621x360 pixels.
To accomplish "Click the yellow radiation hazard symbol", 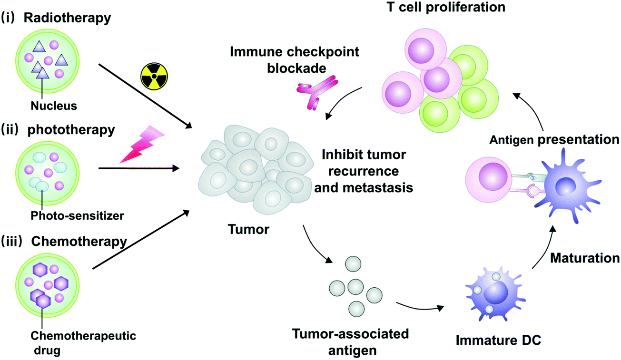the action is pyautogui.click(x=154, y=77).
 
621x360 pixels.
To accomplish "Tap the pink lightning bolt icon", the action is pyautogui.click(x=142, y=144).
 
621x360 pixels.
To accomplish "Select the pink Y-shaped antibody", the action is pyautogui.click(x=317, y=92).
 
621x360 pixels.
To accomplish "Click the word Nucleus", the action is pyautogui.click(x=54, y=106).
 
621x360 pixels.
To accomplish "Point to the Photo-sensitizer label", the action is pyautogui.click(x=78, y=215).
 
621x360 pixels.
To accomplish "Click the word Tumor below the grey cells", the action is pyautogui.click(x=248, y=230).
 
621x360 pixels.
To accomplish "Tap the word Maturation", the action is pyautogui.click(x=585, y=258).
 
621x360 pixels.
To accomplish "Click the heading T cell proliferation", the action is pyautogui.click(x=446, y=7).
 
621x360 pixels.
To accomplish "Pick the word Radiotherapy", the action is pyautogui.click(x=68, y=18).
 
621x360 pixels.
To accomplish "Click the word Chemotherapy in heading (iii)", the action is pyautogui.click(x=79, y=242).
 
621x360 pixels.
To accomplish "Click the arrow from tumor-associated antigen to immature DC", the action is pyautogui.click(x=420, y=307).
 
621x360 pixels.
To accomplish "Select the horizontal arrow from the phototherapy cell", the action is pyautogui.click(x=139, y=168).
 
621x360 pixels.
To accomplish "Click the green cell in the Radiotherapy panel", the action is pyautogui.click(x=48, y=61).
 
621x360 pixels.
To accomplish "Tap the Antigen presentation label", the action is pyautogui.click(x=554, y=140).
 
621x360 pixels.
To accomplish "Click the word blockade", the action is pyautogui.click(x=296, y=68).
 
